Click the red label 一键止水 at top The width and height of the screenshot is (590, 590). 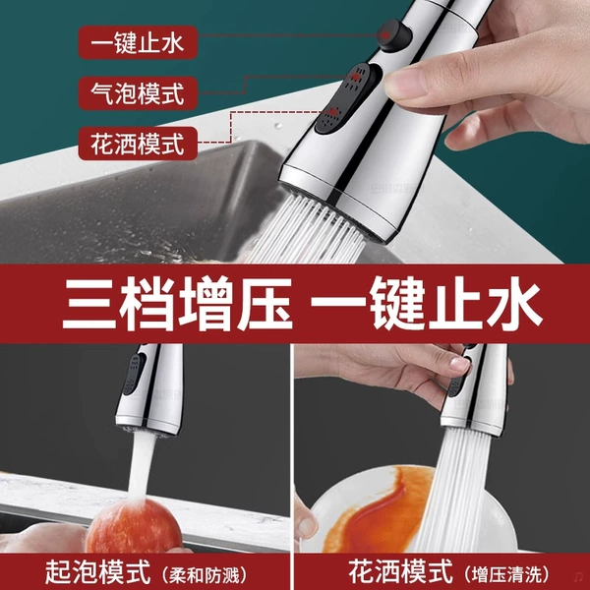pos(138,42)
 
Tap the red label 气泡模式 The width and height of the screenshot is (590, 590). pos(138,93)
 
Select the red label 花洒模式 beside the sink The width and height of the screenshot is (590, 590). pos(138,144)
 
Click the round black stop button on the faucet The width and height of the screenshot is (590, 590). pos(394,35)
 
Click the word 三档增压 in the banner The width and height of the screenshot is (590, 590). pos(177,303)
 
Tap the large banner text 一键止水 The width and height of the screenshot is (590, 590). pos(427,303)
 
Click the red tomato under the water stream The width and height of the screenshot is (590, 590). pos(133,526)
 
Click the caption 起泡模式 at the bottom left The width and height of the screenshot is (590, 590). pos(97,572)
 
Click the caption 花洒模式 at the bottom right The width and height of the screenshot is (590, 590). pos(400,571)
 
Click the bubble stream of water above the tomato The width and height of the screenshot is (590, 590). pos(141,466)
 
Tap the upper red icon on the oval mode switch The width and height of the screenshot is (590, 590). pos(355,78)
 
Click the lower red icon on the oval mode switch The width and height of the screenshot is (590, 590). pos(333,112)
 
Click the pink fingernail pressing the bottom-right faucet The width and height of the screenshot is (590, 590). pos(461,364)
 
